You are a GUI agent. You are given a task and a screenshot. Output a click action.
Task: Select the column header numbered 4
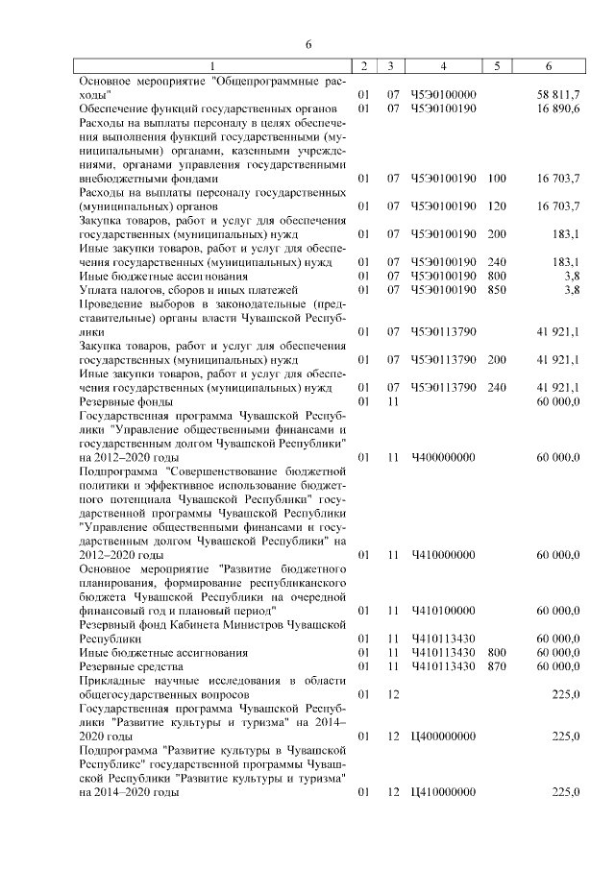[x=442, y=65]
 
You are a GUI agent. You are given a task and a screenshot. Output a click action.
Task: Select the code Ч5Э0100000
[x=443, y=96]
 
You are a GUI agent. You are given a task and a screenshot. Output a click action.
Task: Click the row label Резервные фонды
[x=126, y=401]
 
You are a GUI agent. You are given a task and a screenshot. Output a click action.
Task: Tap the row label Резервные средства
[x=131, y=665]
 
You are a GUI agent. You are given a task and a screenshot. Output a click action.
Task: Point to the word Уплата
[x=99, y=290]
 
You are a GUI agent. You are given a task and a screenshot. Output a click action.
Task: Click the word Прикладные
[x=115, y=680]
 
